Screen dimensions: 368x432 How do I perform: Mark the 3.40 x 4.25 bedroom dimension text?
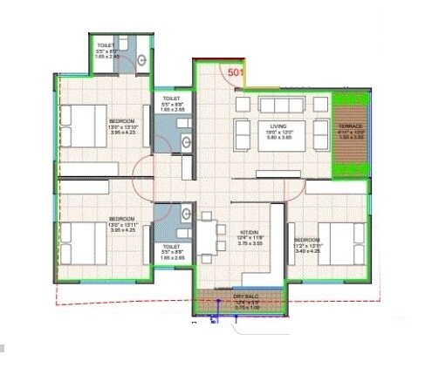(x=306, y=249)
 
